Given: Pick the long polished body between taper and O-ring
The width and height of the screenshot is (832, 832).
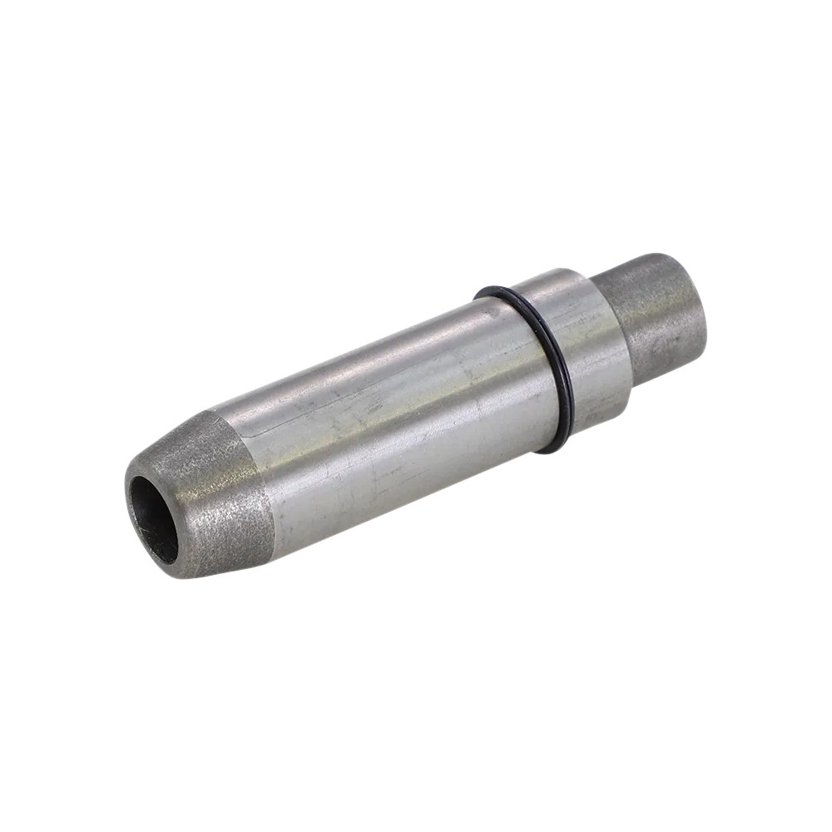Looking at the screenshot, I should tap(391, 416).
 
